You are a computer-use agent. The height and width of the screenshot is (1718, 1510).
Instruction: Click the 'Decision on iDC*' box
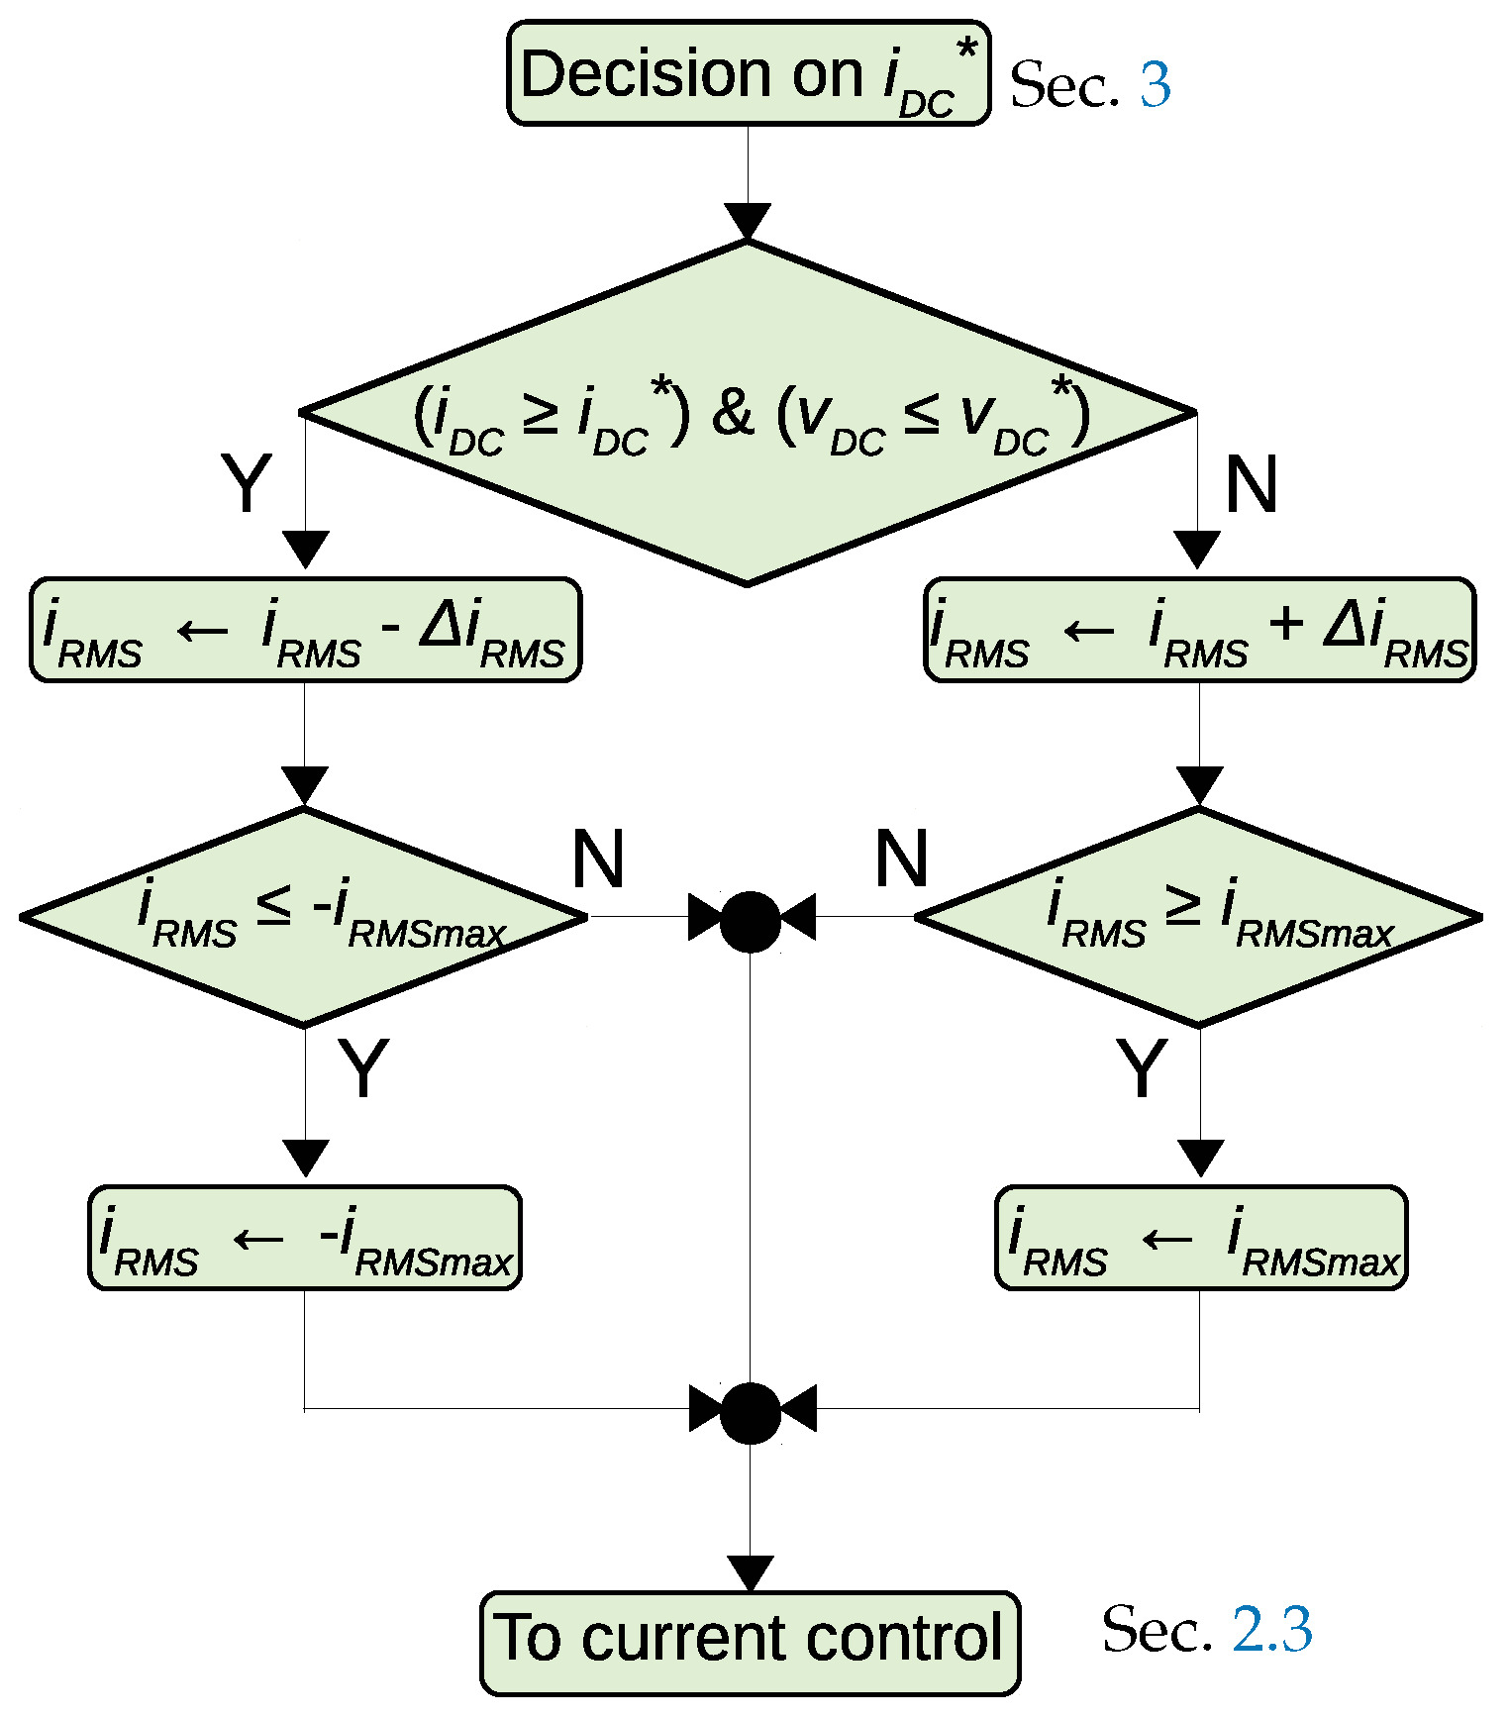[x=749, y=74]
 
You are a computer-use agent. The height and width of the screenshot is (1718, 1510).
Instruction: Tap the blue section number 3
[x=1155, y=85]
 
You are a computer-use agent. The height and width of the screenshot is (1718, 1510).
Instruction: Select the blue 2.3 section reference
[x=1272, y=1629]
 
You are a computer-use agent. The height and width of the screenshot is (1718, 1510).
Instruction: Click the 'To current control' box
[x=750, y=1639]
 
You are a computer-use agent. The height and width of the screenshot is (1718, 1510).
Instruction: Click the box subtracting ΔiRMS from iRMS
[x=305, y=631]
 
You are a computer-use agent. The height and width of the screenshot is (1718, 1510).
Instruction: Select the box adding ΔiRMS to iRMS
[x=1199, y=631]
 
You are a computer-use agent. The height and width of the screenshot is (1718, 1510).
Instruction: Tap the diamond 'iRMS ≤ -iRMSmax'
[x=304, y=918]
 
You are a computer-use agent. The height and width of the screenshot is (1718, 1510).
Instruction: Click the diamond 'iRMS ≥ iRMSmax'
[x=1199, y=918]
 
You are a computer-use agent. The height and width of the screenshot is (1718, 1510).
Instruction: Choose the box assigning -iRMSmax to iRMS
[x=305, y=1238]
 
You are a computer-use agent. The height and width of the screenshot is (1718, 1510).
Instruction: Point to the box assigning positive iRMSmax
[x=1200, y=1238]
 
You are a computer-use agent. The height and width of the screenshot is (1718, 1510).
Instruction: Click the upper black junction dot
[x=750, y=921]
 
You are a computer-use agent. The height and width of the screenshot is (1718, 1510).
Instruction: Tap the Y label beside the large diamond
[x=246, y=484]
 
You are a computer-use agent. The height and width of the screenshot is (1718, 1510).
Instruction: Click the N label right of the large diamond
[x=1251, y=484]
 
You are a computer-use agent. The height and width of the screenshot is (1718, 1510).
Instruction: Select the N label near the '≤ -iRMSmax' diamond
[x=598, y=859]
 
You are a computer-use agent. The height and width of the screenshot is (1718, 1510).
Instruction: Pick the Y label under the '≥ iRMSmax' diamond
[x=1141, y=1068]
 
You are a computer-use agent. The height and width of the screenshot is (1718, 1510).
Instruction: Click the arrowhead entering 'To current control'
[x=750, y=1572]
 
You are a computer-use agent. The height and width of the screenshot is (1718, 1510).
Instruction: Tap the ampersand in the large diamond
[x=733, y=413]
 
